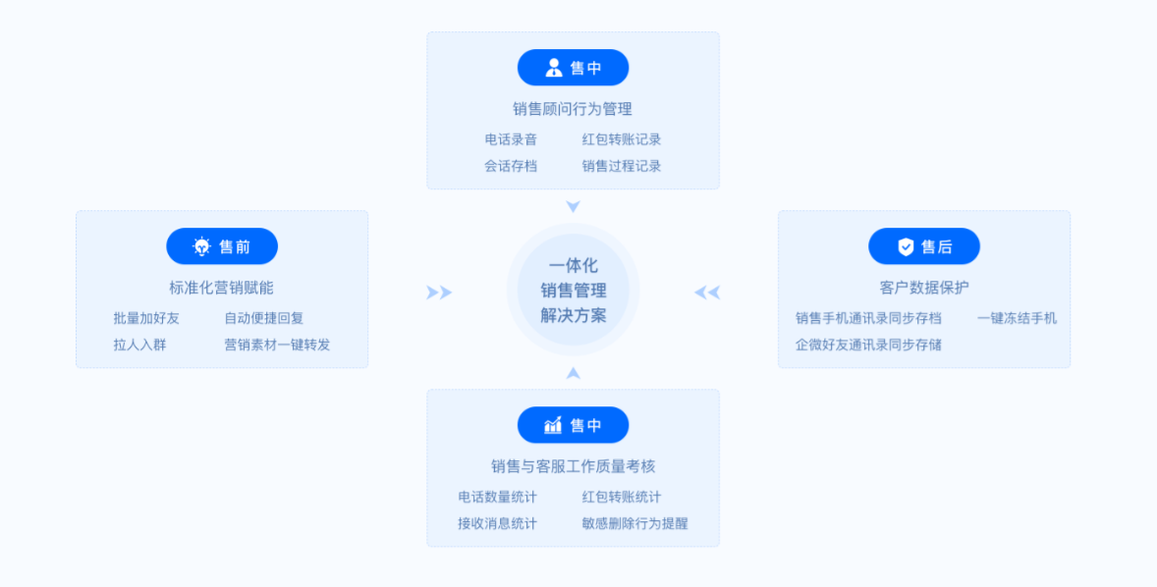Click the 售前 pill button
222,246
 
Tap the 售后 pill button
924,246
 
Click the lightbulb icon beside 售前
202,246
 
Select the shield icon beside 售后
906,246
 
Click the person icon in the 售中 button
554,68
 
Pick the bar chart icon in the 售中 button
554,425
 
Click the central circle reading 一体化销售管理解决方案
574,290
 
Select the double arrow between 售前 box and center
439,293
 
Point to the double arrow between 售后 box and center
707,293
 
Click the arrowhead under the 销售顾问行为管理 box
574,206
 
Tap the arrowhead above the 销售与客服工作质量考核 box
574,373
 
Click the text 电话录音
511,139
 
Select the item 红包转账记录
622,139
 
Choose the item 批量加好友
146,318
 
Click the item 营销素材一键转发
277,345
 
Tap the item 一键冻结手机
1018,318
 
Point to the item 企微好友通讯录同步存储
868,345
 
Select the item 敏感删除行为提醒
634,523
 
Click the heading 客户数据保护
924,288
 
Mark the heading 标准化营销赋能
221,288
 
